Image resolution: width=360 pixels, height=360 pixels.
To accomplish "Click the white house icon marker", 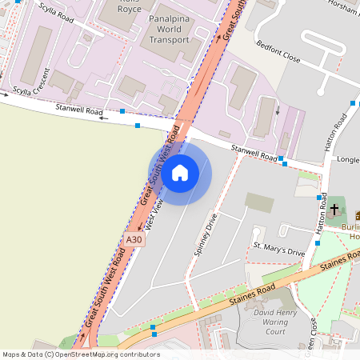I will [x=179, y=173].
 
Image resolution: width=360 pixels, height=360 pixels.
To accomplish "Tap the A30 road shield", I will [x=134, y=238].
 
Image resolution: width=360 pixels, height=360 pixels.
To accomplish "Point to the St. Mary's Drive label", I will [x=279, y=249].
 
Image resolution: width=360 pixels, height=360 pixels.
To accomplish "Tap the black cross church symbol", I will [x=334, y=210].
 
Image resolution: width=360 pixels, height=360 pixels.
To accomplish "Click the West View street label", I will [x=157, y=214].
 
